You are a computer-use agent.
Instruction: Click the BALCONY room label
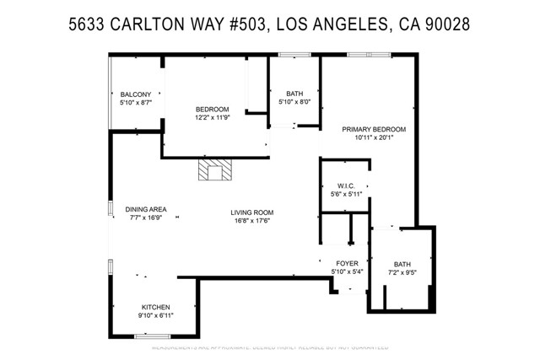coord(135,94)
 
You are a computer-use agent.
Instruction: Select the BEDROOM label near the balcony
coord(212,109)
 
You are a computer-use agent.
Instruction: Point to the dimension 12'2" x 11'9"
coord(212,117)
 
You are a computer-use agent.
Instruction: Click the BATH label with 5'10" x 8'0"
coord(294,94)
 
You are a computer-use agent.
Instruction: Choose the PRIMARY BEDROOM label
coord(374,129)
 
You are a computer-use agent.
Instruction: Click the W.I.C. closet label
coord(343,185)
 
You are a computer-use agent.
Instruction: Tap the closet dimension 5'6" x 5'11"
coord(343,194)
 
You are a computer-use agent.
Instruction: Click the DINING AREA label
coord(144,209)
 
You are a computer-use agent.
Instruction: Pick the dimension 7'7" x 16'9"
coord(144,218)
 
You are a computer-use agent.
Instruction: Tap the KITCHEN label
coord(156,306)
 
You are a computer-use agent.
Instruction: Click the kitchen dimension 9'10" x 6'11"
coord(156,314)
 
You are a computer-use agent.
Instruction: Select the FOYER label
coord(347,263)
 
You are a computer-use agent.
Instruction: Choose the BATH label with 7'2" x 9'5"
coord(402,264)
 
